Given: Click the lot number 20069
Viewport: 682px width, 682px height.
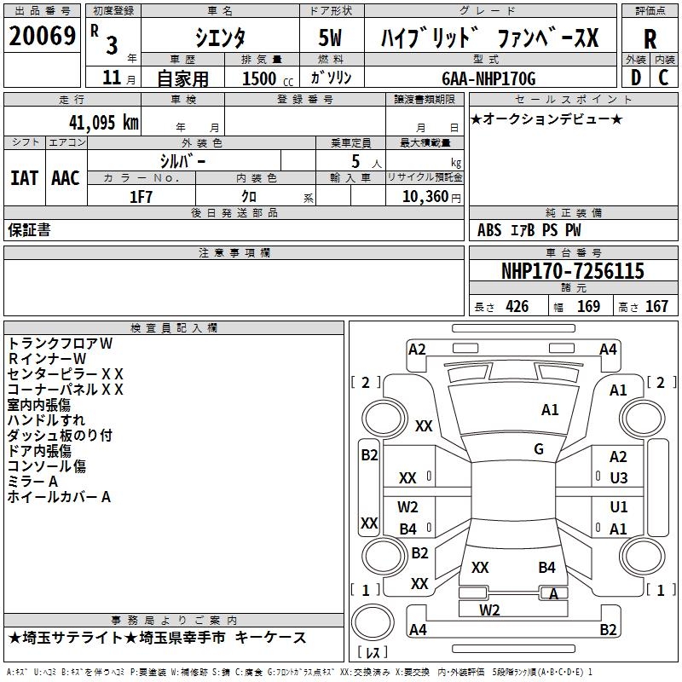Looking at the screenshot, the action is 42,38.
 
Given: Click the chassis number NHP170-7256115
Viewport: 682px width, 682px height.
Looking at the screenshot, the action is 572,272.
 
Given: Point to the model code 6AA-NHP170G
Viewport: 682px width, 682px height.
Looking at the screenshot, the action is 489,78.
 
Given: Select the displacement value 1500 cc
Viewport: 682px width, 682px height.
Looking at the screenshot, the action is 264,78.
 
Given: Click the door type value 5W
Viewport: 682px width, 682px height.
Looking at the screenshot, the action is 331,38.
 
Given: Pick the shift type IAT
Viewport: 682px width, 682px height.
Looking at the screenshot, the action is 24,178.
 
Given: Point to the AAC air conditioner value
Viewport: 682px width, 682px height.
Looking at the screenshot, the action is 65,178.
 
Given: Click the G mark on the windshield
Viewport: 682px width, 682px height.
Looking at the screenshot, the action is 539,448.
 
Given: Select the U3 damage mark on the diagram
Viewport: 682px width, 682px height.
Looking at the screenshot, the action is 618,478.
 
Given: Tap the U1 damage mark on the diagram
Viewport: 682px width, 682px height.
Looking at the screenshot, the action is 618,508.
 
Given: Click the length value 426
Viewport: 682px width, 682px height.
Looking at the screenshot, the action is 517,307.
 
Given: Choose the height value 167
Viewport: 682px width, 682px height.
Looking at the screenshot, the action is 656,307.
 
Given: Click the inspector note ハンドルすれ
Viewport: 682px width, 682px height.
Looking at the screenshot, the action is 46,420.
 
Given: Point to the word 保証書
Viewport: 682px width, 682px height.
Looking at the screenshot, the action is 29,230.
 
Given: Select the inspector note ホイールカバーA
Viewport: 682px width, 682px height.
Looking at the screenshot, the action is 59,497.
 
